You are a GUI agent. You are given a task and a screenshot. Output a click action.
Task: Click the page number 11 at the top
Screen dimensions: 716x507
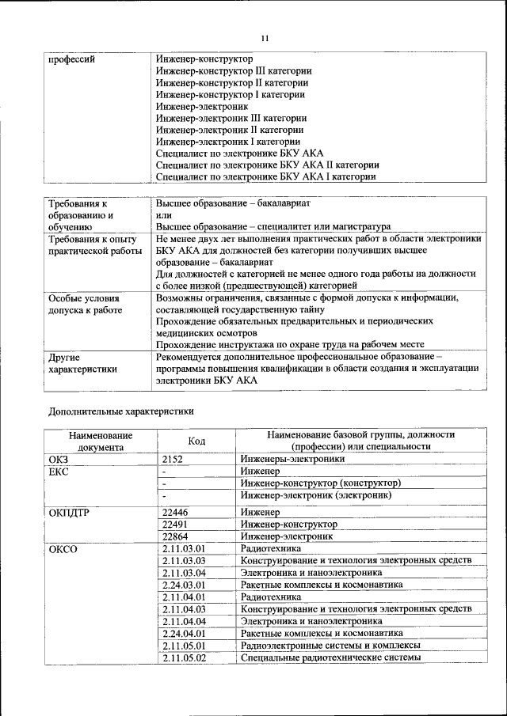click(x=265, y=37)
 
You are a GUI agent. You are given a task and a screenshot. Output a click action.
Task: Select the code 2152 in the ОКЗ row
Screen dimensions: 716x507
click(x=173, y=458)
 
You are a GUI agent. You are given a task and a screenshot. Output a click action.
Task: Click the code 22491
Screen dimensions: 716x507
click(x=175, y=525)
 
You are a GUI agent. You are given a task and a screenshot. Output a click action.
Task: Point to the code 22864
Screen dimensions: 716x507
click(x=175, y=536)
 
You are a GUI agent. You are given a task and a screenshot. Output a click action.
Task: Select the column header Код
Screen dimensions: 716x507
click(x=196, y=441)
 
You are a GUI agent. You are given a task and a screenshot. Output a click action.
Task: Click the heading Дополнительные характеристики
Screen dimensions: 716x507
click(x=121, y=411)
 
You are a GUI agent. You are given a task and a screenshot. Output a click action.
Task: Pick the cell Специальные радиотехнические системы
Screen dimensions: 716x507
click(x=330, y=657)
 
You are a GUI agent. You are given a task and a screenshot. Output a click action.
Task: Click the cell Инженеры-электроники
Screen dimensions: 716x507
click(x=293, y=458)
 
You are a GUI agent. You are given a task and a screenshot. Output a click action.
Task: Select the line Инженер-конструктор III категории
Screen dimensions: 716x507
click(x=234, y=70)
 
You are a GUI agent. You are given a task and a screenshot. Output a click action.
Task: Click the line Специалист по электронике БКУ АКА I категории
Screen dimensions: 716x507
click(x=265, y=177)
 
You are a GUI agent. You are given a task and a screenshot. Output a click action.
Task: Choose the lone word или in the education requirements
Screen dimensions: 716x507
click(x=164, y=214)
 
